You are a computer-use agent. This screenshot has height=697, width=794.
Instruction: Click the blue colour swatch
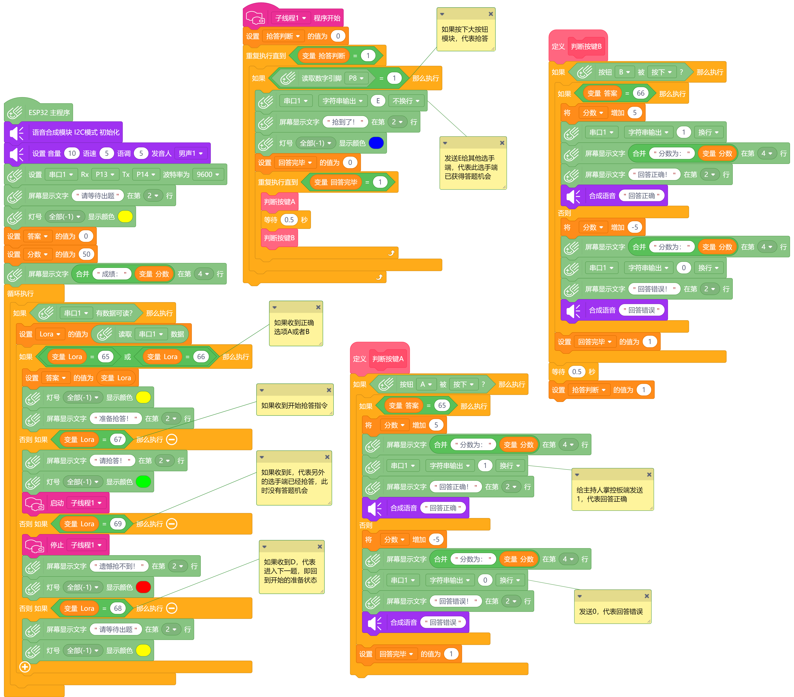(x=376, y=143)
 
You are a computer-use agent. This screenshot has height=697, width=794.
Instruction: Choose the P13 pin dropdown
(x=105, y=174)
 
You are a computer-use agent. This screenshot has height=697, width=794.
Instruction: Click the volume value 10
(x=72, y=153)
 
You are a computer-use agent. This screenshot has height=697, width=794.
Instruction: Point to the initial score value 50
(x=86, y=254)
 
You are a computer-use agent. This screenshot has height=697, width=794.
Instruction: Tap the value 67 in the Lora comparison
(x=118, y=440)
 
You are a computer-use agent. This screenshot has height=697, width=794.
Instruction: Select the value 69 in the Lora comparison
(x=118, y=524)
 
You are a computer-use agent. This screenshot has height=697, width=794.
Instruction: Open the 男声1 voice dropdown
(x=190, y=153)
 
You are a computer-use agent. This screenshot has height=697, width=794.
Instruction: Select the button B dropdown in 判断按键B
(x=624, y=72)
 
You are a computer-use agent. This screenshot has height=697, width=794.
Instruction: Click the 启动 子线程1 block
(x=66, y=503)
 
